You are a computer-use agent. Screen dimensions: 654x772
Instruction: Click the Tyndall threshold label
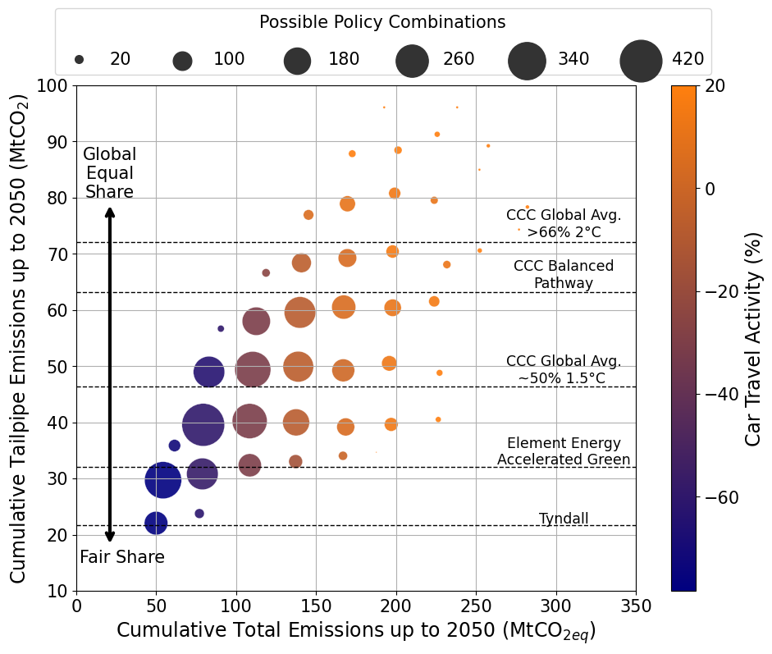564,519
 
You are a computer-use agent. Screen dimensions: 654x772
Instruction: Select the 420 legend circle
641,61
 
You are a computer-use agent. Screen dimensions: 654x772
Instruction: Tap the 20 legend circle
79,60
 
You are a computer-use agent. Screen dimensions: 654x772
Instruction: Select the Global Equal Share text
110,173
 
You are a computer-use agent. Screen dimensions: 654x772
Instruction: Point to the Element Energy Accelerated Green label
564,452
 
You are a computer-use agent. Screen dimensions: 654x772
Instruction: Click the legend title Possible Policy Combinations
382,22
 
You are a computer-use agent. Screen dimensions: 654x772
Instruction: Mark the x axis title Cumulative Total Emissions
356,631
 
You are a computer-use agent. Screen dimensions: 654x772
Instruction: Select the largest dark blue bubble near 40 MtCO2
203,424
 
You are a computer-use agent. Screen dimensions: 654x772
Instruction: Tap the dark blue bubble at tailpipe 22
156,523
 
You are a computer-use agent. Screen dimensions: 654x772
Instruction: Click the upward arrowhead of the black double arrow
110,211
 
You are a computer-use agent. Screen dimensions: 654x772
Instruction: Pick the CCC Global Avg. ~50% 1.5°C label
564,370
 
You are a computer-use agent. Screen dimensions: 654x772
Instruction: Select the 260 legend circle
413,61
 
